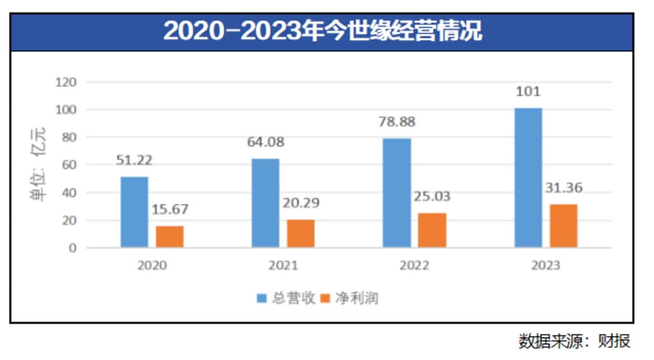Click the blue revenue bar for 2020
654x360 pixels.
[134, 212]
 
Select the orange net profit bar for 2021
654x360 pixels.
[301, 233]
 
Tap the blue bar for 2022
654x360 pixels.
[397, 193]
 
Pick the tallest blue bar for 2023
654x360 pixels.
[528, 178]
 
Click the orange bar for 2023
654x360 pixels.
[563, 226]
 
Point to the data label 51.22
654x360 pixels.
[135, 160]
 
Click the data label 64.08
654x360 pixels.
[266, 142]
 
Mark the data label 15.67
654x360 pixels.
[170, 209]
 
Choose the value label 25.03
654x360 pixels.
[432, 196]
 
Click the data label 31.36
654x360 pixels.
[563, 187]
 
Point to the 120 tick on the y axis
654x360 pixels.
[66, 82]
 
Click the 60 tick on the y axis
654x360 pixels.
[69, 165]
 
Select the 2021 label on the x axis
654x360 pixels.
[283, 265]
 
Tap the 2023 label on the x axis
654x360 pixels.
[546, 265]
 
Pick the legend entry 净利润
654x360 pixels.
[350, 298]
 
